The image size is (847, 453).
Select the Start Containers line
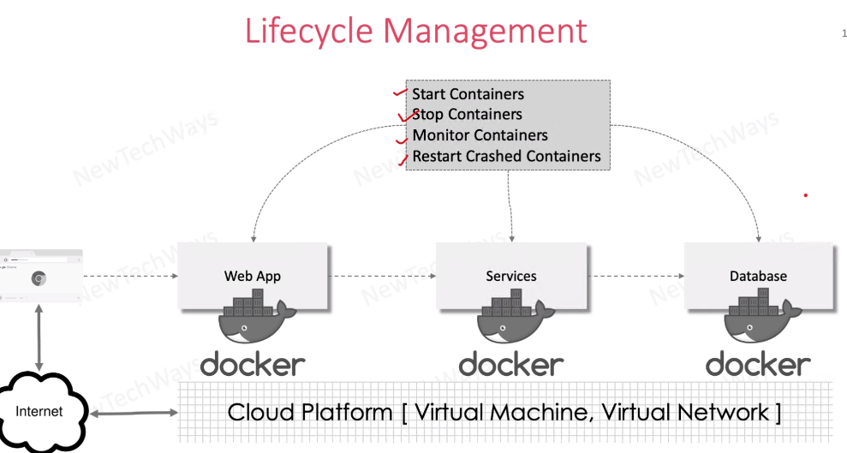(x=468, y=94)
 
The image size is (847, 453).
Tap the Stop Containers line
(x=468, y=115)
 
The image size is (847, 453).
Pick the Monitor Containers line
(x=480, y=135)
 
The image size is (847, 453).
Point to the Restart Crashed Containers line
(x=506, y=157)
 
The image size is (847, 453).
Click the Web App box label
(x=253, y=276)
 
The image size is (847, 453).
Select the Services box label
(x=511, y=276)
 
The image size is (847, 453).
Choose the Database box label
(x=758, y=276)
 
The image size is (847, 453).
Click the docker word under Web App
(x=253, y=364)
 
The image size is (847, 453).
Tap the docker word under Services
(x=511, y=364)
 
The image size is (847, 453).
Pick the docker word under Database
(x=758, y=364)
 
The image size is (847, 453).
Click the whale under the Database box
(x=758, y=321)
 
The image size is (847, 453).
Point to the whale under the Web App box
(x=253, y=321)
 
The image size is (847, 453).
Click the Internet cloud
(x=40, y=412)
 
